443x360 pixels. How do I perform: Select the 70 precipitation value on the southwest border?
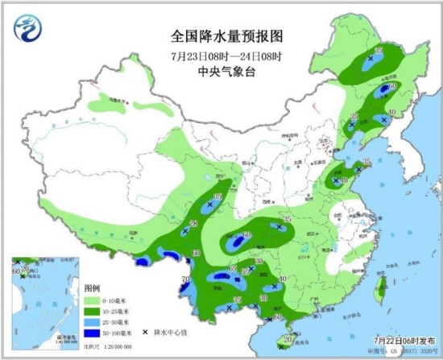click(186, 280)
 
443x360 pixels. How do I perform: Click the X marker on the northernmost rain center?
click(370, 60)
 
